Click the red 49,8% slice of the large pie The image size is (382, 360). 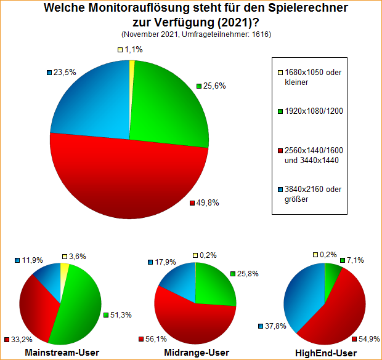click(x=129, y=178)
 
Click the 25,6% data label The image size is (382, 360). click(x=214, y=86)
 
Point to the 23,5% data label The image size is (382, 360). click(x=64, y=72)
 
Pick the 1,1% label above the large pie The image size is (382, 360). click(x=133, y=49)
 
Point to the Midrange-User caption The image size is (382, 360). click(x=197, y=353)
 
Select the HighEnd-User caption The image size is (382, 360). click(x=327, y=353)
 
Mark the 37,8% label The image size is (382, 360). click(x=275, y=326)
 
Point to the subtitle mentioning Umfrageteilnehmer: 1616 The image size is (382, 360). click(x=197, y=34)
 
